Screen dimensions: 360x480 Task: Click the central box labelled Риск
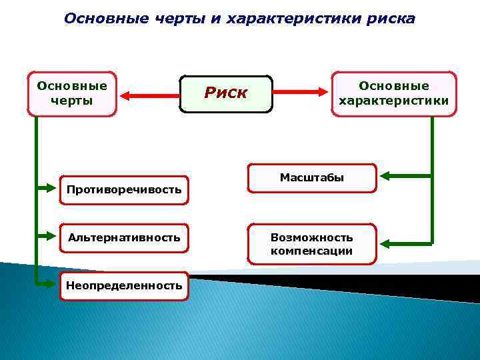pyautogui.click(x=227, y=93)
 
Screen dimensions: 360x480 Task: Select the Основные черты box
pyautogui.click(x=72, y=93)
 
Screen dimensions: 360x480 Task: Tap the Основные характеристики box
pyautogui.click(x=394, y=94)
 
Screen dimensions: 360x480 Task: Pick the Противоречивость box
pyautogui.click(x=123, y=190)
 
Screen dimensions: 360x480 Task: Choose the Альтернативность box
pyautogui.click(x=123, y=237)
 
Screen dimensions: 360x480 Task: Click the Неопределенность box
pyautogui.click(x=123, y=285)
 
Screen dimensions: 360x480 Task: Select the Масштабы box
pyautogui.click(x=312, y=178)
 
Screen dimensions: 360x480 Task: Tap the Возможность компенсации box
pyautogui.click(x=312, y=244)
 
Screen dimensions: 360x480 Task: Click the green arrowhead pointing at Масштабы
pyautogui.click(x=387, y=177)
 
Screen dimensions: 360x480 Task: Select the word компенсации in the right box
pyautogui.click(x=312, y=251)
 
